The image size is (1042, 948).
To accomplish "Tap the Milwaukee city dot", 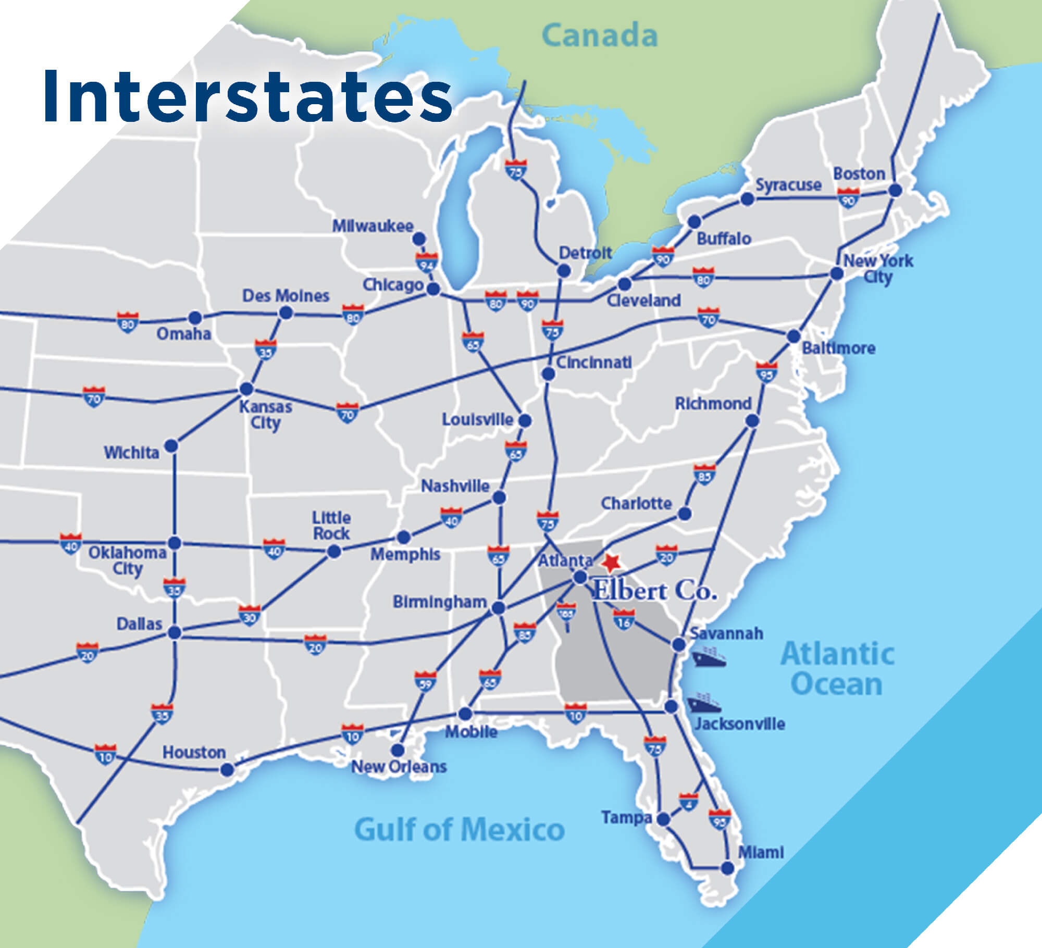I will pyautogui.click(x=418, y=239).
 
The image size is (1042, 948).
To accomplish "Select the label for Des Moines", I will pyautogui.click(x=286, y=296).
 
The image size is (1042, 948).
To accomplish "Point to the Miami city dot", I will pyautogui.click(x=727, y=868).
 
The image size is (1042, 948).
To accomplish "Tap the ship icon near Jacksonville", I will pyautogui.click(x=703, y=703).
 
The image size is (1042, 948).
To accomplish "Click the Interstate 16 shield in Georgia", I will pyautogui.click(x=624, y=620).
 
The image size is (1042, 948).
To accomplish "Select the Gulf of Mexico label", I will pyautogui.click(x=459, y=829).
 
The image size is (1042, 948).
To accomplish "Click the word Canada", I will pyautogui.click(x=600, y=36).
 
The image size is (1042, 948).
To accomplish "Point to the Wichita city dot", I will pyautogui.click(x=171, y=446).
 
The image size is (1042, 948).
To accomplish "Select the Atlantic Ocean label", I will pyautogui.click(x=837, y=669).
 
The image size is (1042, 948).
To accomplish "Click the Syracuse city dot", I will pyautogui.click(x=747, y=198).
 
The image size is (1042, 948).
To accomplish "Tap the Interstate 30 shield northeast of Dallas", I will pyautogui.click(x=250, y=616).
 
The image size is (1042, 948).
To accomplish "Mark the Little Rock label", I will pyautogui.click(x=331, y=526).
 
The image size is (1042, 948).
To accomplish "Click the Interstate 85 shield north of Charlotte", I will pyautogui.click(x=704, y=475).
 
